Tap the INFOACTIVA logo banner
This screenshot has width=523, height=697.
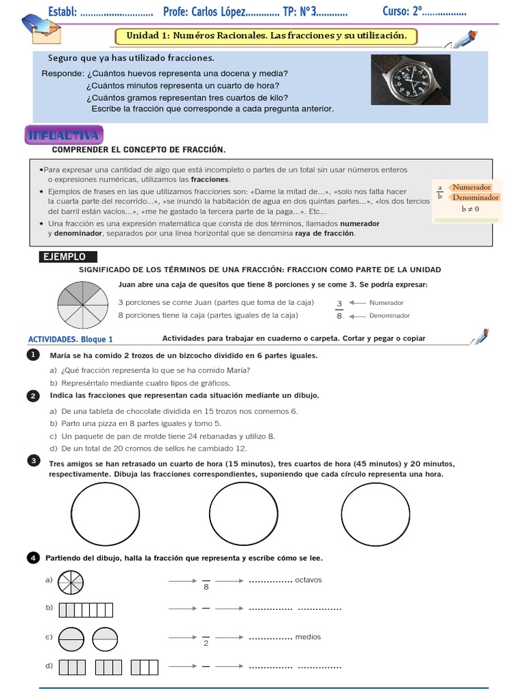(x=64, y=135)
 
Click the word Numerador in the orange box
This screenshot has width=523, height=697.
(x=472, y=187)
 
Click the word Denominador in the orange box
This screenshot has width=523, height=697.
(x=475, y=197)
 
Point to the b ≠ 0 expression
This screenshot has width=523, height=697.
(x=470, y=209)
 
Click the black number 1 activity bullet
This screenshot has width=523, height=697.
(x=32, y=355)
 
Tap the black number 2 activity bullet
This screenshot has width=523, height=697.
(x=32, y=395)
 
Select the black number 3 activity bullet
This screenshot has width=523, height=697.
(x=32, y=461)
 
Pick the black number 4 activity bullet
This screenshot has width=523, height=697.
(x=32, y=558)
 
